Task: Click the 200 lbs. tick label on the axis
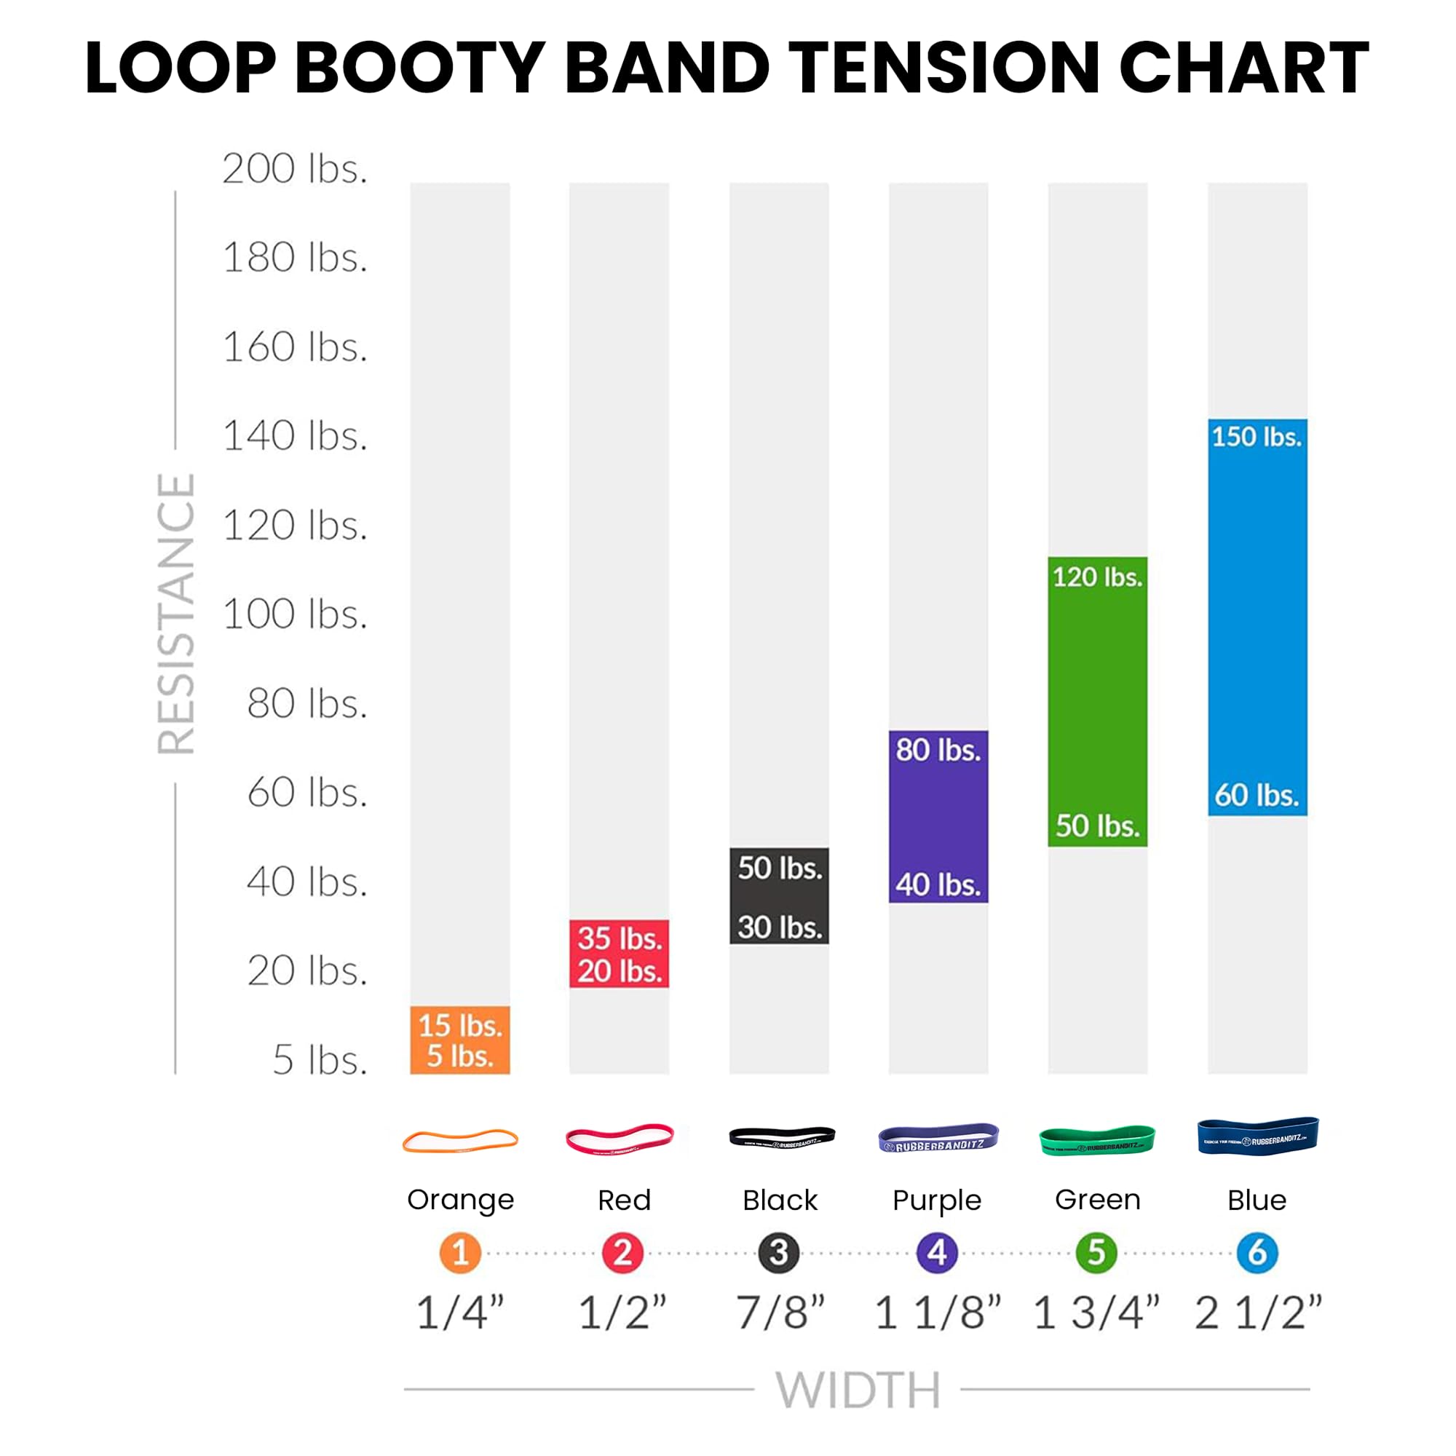point(295,169)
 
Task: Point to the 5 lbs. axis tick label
point(320,1061)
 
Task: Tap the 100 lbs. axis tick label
point(295,614)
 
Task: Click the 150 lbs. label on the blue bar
point(1257,437)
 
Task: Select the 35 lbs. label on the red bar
point(620,939)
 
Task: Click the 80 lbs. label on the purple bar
point(938,751)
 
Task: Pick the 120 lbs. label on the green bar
point(1097,577)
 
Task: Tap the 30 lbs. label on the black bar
point(779,927)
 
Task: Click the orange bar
point(459,1040)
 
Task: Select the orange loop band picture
point(459,1141)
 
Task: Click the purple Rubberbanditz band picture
point(938,1138)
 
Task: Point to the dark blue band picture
point(1257,1136)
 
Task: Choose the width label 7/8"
point(780,1312)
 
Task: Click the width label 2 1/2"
point(1258,1312)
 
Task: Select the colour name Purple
point(937,1200)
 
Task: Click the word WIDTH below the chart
point(858,1390)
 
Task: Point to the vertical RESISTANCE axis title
point(176,614)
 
